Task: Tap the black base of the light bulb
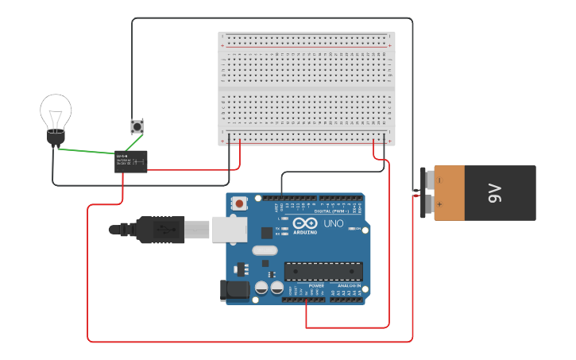tap(55, 137)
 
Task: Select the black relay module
tap(131, 161)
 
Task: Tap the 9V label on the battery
tap(495, 192)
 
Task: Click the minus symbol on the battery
tap(439, 180)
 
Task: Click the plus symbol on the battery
tap(439, 205)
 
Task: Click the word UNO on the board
tap(333, 224)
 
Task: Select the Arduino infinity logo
tap(305, 223)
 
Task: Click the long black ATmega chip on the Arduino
tap(323, 271)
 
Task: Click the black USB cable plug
tap(159, 230)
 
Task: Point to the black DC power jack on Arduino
tap(235, 290)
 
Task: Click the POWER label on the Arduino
tap(316, 285)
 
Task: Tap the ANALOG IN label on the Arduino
tap(350, 285)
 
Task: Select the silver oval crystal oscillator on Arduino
tap(265, 250)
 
